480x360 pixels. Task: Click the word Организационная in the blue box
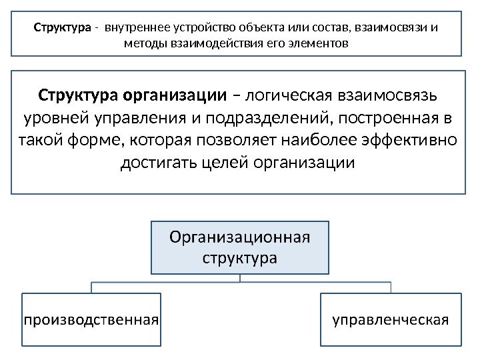coord(240,237)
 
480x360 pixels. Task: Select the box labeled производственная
coord(91,319)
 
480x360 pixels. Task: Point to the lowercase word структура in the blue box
coord(240,257)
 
